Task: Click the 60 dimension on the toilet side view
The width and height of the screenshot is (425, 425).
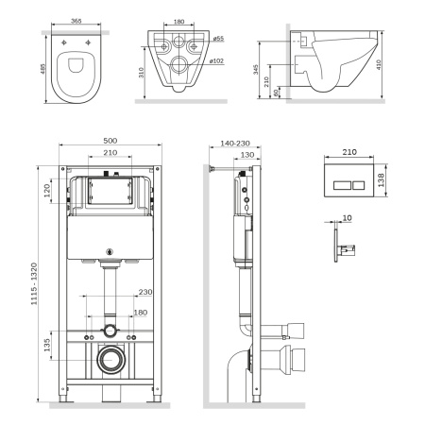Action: [277, 93]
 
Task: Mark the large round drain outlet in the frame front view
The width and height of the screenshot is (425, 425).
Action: [110, 360]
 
